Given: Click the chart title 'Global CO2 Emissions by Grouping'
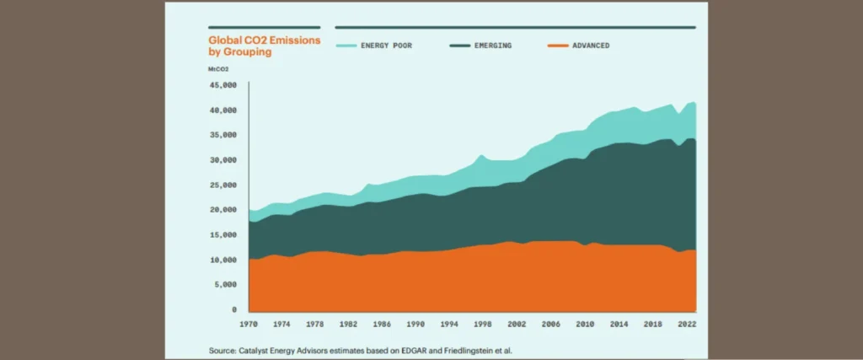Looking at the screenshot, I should click(264, 46).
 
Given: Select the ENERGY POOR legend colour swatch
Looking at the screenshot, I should click(346, 46).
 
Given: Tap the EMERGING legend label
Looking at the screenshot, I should click(492, 46).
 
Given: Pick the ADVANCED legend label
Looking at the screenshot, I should click(590, 46).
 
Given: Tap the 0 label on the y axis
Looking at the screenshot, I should click(234, 310).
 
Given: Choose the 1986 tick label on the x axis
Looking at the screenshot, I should click(382, 324).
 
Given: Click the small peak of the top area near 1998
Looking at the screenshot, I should click(480, 155).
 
